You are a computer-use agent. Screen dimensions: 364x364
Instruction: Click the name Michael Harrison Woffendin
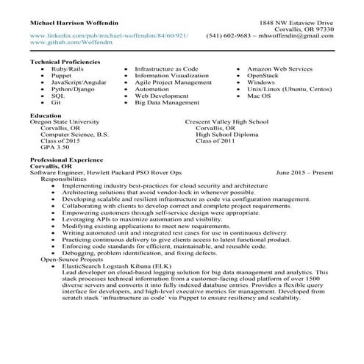click(x=76, y=24)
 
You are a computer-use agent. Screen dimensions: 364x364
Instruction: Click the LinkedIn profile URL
click(x=109, y=35)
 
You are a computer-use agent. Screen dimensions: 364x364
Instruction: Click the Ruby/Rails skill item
click(x=67, y=68)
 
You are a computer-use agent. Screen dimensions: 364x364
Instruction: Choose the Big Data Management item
click(x=168, y=103)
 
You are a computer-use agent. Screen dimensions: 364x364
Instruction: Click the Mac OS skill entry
click(x=260, y=96)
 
